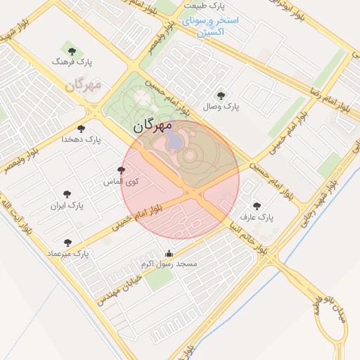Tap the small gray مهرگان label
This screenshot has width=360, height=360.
84,85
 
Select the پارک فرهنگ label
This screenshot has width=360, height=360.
72,63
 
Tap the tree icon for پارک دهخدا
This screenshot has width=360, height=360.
82,129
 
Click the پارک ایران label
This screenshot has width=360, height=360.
67,207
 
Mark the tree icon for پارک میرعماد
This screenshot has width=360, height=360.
67,243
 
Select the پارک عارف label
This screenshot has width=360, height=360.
256,218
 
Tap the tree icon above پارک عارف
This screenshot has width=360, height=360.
256,206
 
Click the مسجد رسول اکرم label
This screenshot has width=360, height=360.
169,264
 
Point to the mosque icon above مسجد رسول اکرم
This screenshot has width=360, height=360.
169,253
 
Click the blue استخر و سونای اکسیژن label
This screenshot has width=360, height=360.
210,26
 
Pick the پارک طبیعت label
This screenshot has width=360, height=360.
204,6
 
